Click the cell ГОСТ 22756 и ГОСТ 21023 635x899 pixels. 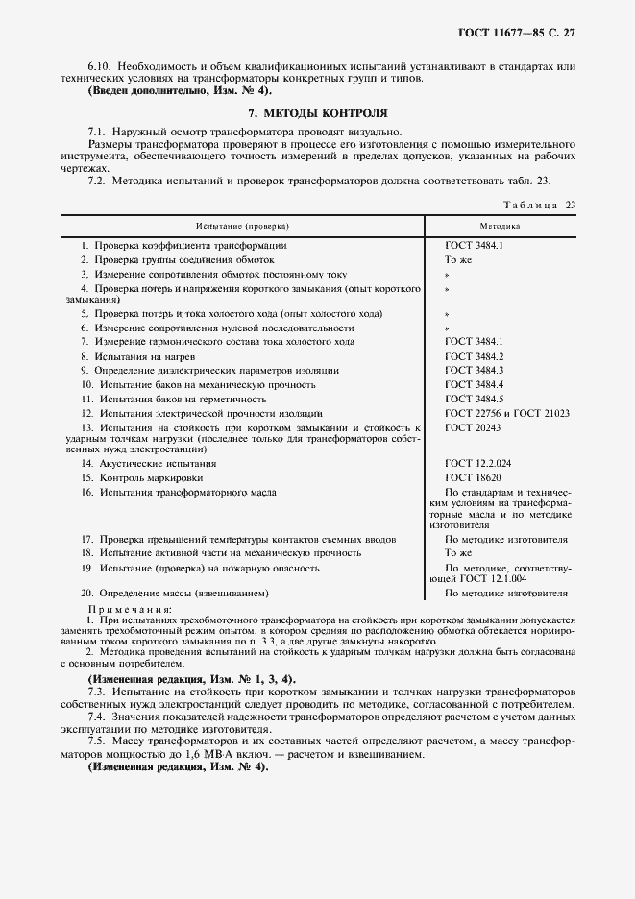coord(507,412)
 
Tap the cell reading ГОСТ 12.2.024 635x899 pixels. coord(477,463)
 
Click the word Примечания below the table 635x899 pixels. coord(130,609)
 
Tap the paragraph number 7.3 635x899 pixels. coord(96,692)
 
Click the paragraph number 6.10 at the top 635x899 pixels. coord(98,64)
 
